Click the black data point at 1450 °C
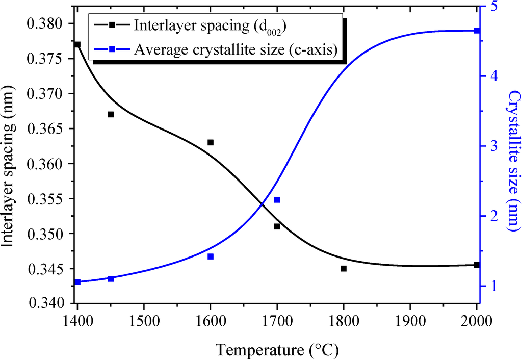[111, 114]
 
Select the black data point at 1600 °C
[211, 142]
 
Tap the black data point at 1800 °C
[344, 268]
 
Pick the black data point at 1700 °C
[277, 226]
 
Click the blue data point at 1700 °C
[277, 200]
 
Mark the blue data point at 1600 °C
[211, 256]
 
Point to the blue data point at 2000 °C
[477, 31]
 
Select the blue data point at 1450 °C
[111, 278]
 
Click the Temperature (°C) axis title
[277, 350]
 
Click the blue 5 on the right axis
[492, 7]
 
